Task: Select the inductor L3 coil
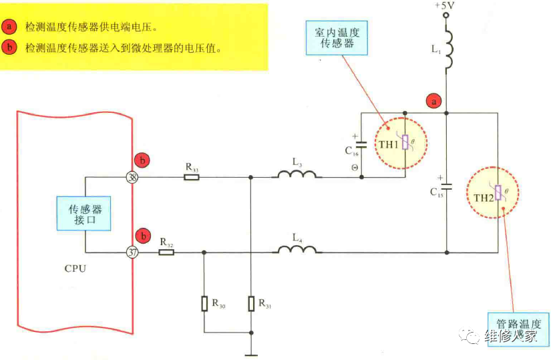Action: point(297,176)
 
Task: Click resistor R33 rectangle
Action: point(192,178)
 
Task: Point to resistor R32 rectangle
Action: point(166,252)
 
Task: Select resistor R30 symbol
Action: point(204,304)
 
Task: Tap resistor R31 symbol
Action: point(250,304)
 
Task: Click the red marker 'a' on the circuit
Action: point(433,102)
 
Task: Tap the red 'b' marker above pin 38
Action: point(142,160)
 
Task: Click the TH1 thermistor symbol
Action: point(405,145)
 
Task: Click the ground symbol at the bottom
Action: point(250,355)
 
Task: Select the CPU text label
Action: point(75,269)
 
